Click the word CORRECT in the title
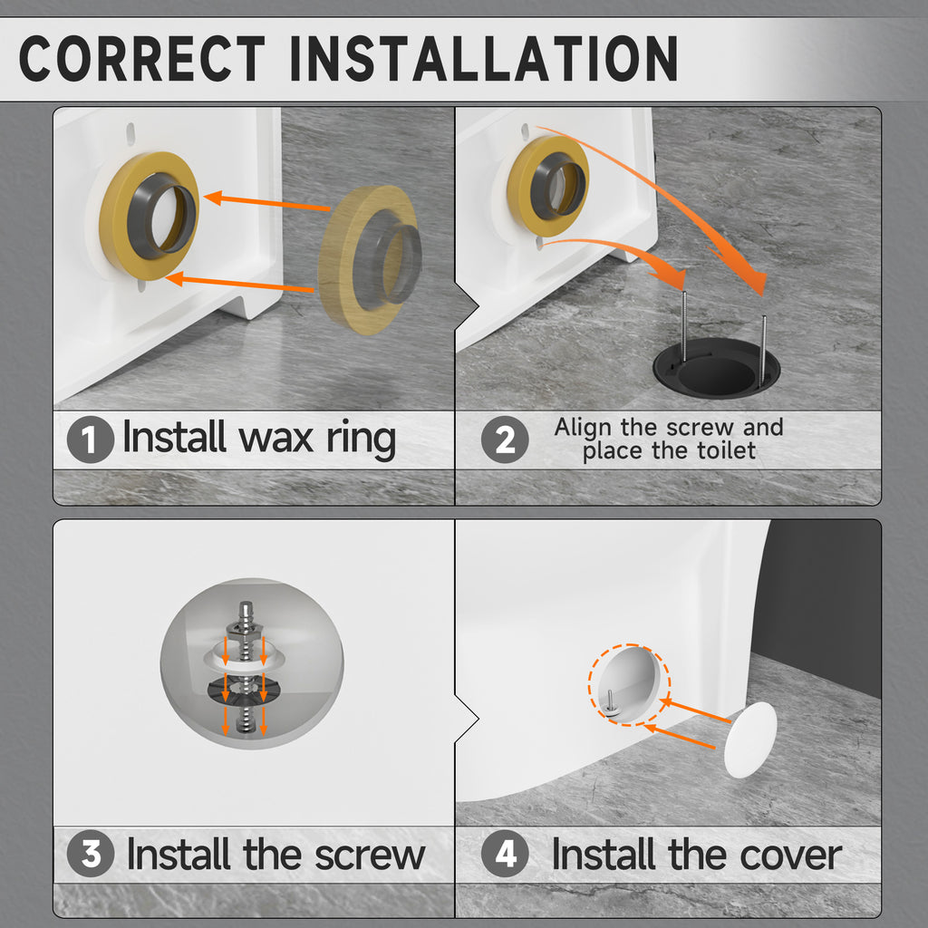142,58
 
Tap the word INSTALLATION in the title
484,58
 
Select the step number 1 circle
91,440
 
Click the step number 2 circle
505,440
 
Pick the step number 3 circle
91,854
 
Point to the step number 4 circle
505,854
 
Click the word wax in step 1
275,440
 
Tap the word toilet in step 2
726,451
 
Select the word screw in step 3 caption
370,855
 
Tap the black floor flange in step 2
717,368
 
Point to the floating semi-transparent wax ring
370,260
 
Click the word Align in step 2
583,428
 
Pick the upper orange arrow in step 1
267,202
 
